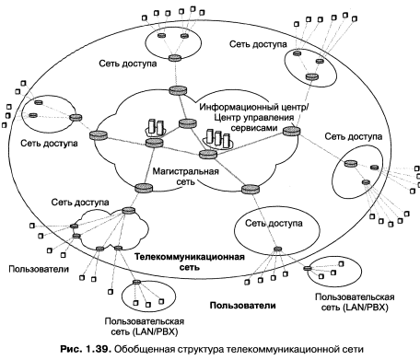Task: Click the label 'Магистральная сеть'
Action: coord(185,176)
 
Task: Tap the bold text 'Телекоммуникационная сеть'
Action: coord(190,261)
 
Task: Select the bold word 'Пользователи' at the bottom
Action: coord(242,306)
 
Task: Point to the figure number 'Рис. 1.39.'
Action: coord(86,349)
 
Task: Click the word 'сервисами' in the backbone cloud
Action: coord(254,128)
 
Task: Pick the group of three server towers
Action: coord(218,139)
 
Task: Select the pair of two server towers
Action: coord(156,126)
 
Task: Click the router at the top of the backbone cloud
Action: coord(178,90)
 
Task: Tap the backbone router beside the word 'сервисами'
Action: coord(291,131)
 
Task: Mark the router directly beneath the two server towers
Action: coord(154,143)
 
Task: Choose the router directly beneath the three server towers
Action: coord(208,154)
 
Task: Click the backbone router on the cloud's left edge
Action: coord(99,135)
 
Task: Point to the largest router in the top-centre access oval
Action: coord(175,58)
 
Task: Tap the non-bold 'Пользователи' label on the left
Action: coord(39,269)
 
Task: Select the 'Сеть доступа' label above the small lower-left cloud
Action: coord(80,203)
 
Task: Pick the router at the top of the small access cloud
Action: coord(128,211)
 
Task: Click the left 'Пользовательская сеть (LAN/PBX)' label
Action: coord(145,327)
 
